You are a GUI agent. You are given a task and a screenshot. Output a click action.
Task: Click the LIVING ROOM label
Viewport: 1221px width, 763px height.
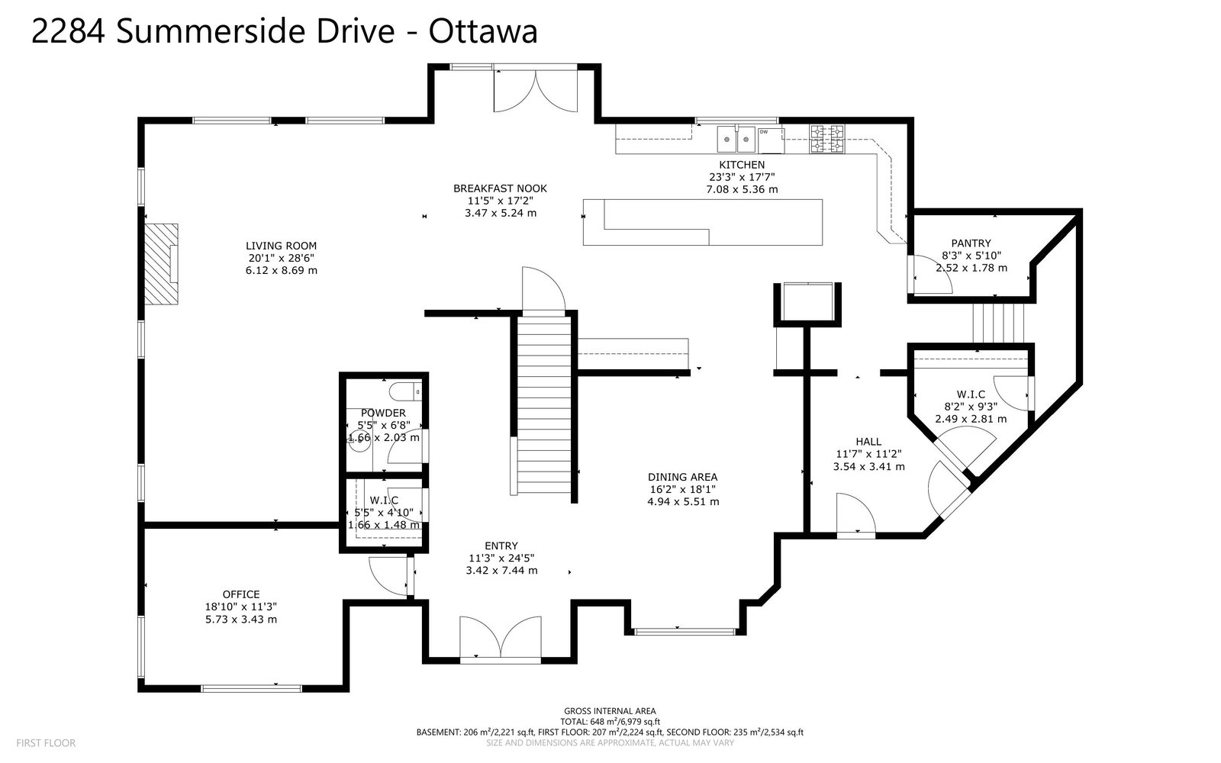tap(281, 246)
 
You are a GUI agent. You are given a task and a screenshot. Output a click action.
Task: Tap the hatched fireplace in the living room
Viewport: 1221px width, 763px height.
tap(161, 264)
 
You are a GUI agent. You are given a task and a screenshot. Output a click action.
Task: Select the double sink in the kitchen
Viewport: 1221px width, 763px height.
tap(736, 140)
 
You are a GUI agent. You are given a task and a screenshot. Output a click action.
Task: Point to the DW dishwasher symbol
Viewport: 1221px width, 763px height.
tap(771, 140)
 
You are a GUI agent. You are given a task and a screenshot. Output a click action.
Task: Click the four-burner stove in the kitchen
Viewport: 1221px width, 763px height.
tap(827, 138)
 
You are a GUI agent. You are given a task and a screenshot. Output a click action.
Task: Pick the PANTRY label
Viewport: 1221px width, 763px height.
tap(971, 243)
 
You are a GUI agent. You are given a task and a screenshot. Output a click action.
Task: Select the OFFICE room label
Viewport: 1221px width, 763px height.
tap(241, 594)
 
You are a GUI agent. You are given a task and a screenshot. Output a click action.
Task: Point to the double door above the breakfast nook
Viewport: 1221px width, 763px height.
tap(535, 91)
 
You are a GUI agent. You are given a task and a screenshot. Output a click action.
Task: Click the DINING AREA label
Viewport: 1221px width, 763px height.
tap(682, 477)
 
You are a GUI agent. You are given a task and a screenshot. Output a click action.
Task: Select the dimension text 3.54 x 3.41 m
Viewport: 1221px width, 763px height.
tap(869, 466)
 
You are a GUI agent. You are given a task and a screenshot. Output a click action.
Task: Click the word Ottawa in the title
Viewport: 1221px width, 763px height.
tap(483, 31)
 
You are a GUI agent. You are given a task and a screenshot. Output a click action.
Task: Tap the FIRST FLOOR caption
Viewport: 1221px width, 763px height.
tap(46, 743)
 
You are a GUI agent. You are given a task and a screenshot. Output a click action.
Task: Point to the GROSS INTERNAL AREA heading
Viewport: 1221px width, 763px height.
tap(610, 710)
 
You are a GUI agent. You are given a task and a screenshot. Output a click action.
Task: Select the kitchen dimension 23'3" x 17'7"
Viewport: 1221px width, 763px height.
tap(742, 176)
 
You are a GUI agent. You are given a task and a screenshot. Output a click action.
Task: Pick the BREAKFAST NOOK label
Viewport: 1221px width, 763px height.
tap(500, 188)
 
